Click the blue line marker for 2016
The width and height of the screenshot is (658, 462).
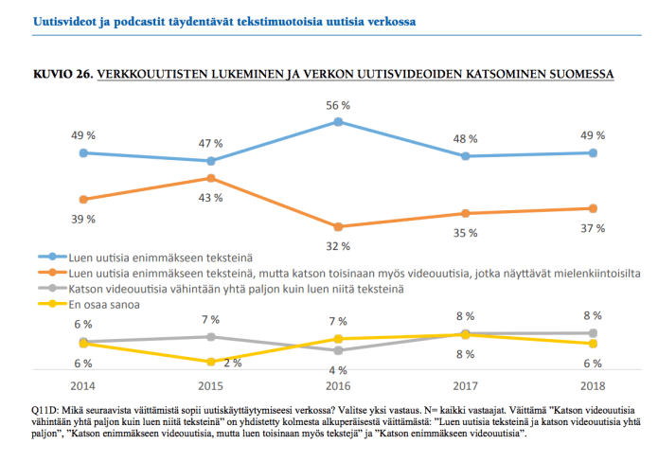338,121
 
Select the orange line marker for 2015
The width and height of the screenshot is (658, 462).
211,178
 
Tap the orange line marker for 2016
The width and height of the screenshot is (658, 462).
338,226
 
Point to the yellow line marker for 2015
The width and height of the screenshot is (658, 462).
211,362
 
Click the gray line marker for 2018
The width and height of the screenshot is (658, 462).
593,333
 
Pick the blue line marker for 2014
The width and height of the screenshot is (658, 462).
84,152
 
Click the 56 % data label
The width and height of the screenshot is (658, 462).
338,105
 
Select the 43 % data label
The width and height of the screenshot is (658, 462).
211,198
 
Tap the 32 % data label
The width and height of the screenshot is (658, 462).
338,246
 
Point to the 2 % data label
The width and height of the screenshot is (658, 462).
232,363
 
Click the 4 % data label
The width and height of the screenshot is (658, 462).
338,370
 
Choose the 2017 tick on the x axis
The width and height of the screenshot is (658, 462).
466,385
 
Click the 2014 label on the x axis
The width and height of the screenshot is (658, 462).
84,385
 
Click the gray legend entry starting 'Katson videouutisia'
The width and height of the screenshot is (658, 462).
237,287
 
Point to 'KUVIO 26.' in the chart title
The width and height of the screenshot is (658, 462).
62,74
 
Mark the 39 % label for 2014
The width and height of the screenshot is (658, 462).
84,220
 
